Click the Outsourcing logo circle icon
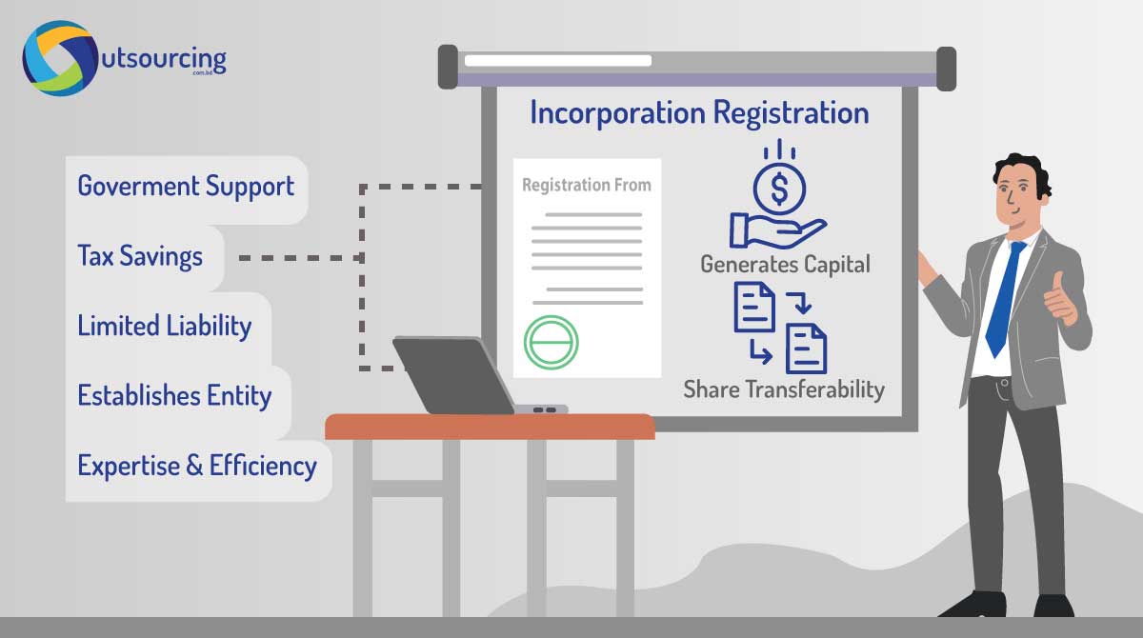point(60,58)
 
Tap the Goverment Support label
point(186,186)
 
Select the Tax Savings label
point(140,256)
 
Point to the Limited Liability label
point(164,326)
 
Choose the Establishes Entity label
point(174,395)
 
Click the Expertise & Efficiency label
point(196,466)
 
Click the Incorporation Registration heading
point(699,113)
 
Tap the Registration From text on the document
point(586,185)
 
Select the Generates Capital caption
point(785,264)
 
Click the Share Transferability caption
point(783,389)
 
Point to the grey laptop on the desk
point(467,376)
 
